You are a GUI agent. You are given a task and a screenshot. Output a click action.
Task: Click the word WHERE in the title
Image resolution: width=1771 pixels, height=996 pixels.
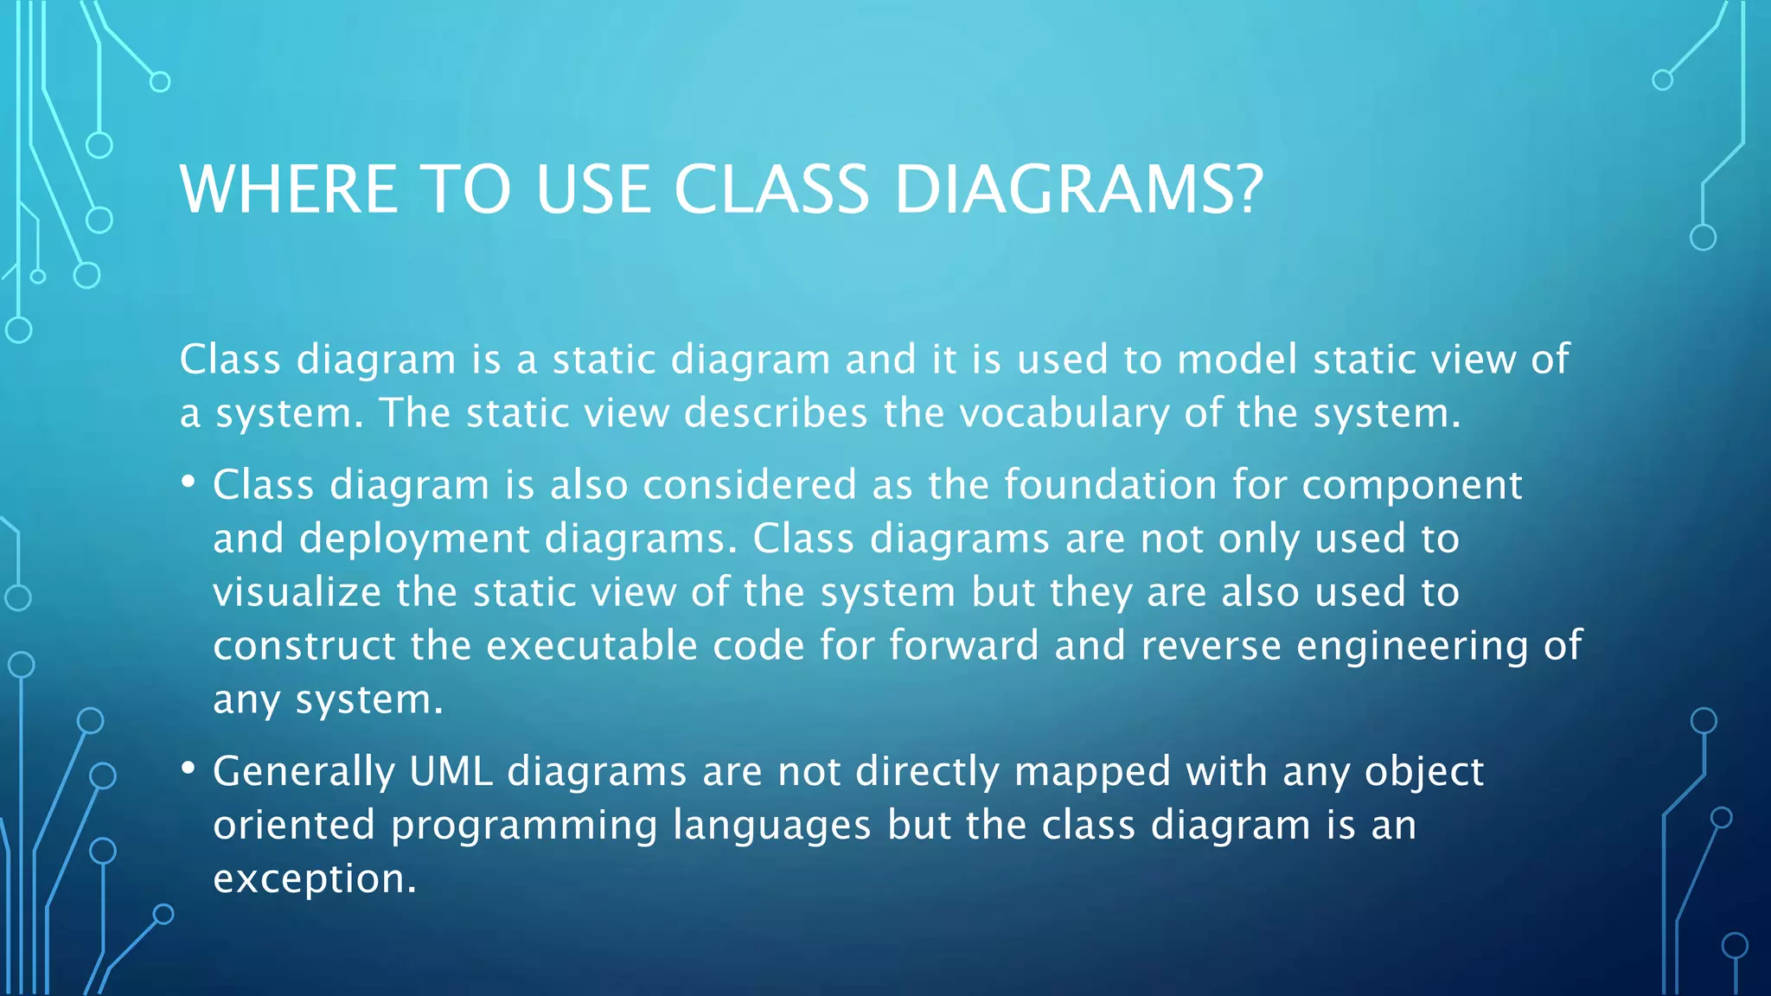(x=289, y=189)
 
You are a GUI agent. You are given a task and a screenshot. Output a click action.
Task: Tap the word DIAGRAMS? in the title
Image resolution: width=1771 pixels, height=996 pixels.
(x=1078, y=189)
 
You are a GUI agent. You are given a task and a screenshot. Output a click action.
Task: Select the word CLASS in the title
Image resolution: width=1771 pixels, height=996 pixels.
(x=771, y=189)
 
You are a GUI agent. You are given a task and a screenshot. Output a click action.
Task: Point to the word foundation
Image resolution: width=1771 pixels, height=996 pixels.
(x=1110, y=484)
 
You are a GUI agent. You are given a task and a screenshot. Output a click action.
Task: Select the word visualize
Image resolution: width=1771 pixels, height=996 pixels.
(x=297, y=592)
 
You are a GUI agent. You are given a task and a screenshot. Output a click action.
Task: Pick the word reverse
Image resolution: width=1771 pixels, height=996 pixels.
(x=1211, y=646)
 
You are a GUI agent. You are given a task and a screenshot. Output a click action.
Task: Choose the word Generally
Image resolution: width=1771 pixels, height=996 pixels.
(x=304, y=772)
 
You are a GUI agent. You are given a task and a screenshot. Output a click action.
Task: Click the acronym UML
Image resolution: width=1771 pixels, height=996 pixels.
(x=451, y=770)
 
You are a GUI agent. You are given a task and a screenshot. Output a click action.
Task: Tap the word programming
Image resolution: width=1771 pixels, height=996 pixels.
(x=524, y=826)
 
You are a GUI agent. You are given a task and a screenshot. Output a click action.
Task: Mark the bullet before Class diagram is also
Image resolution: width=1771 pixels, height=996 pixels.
(x=189, y=482)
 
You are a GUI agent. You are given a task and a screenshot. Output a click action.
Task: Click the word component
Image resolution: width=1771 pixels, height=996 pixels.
(x=1411, y=486)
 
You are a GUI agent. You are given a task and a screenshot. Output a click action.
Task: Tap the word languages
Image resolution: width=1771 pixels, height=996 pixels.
(x=772, y=826)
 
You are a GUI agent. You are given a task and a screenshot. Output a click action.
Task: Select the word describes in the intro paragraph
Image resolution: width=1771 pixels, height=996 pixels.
(x=776, y=413)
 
